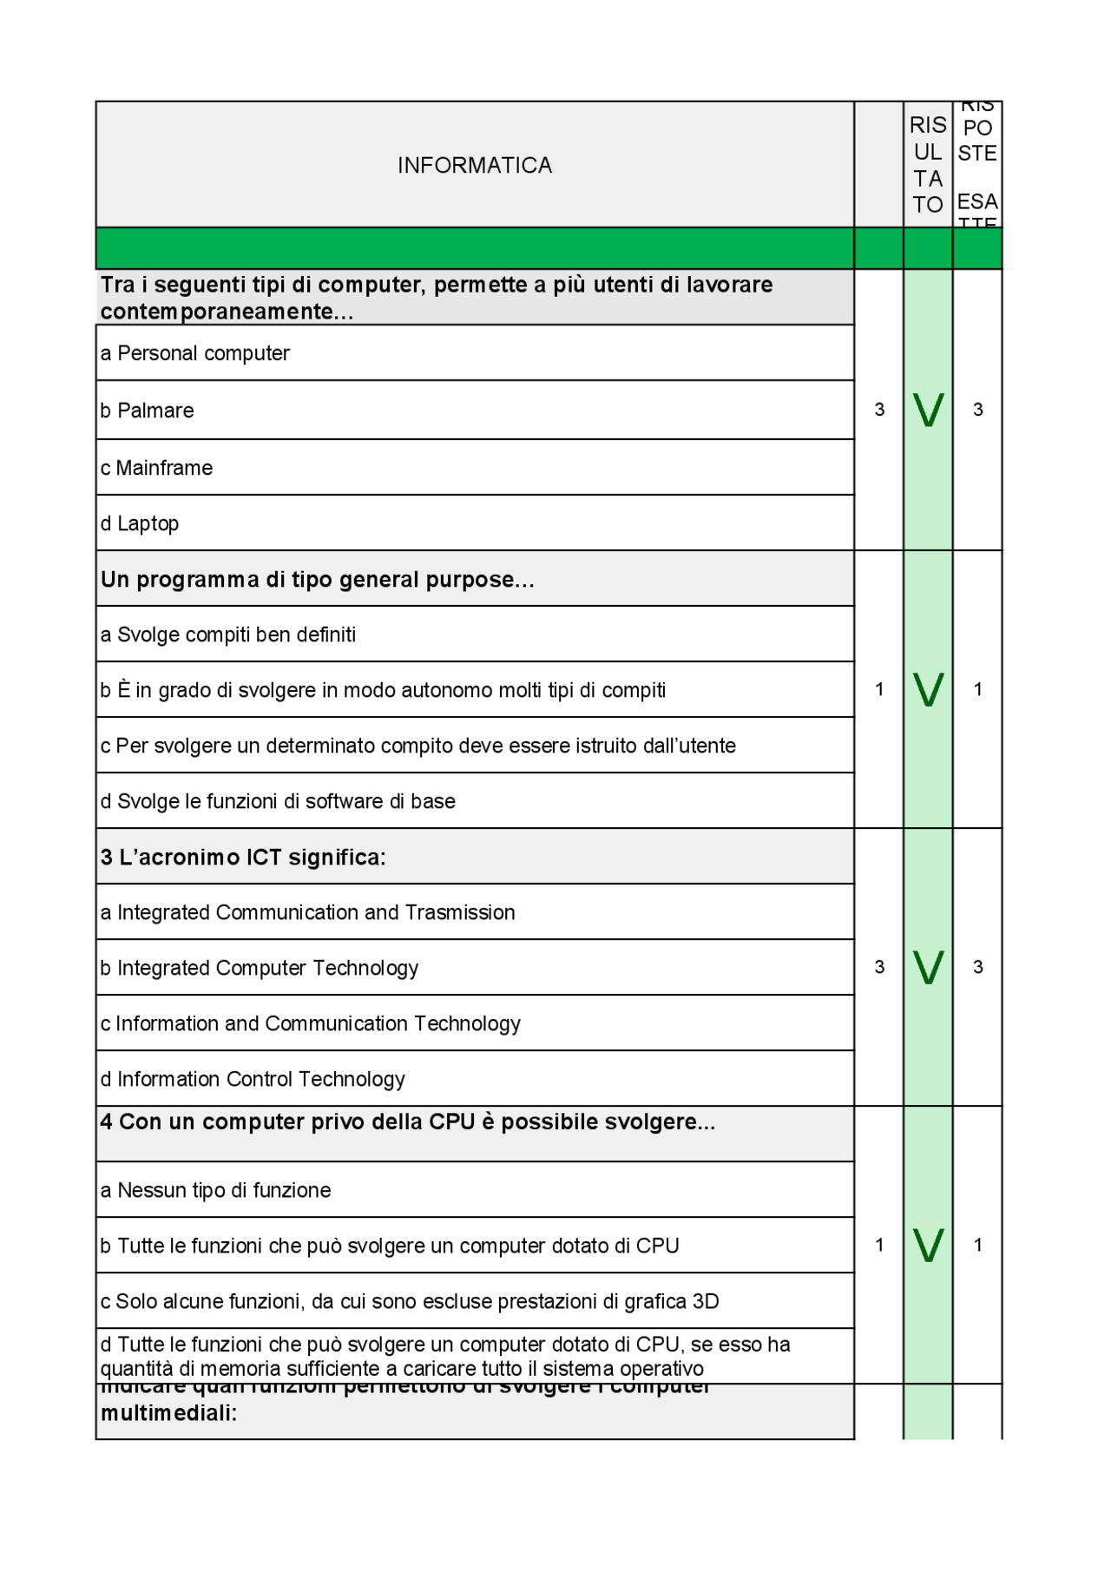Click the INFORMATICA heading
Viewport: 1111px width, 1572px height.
474,165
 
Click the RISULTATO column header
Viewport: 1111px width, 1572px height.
927,165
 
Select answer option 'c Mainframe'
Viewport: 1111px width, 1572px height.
157,468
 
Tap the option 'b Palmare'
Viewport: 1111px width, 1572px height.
148,411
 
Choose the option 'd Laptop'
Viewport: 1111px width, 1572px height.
140,523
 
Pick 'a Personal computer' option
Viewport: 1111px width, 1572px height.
195,353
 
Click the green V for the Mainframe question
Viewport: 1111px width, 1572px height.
928,410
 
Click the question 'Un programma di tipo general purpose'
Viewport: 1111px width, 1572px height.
317,579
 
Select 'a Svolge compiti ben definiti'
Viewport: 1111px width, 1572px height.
228,635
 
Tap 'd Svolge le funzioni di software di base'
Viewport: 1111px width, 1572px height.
278,801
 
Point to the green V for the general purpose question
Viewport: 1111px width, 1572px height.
928,689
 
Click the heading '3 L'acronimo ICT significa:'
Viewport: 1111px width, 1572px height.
243,857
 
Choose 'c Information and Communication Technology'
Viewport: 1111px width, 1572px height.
311,1023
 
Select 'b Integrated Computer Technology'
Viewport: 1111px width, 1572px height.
260,968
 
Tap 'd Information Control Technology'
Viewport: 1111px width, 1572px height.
253,1079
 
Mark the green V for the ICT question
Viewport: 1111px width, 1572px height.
928,967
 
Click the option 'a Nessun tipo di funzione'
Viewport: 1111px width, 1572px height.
216,1190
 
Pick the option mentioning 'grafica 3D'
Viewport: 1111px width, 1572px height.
410,1301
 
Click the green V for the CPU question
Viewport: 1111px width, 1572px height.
928,1245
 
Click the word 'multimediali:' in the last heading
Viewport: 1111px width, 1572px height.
169,1413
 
